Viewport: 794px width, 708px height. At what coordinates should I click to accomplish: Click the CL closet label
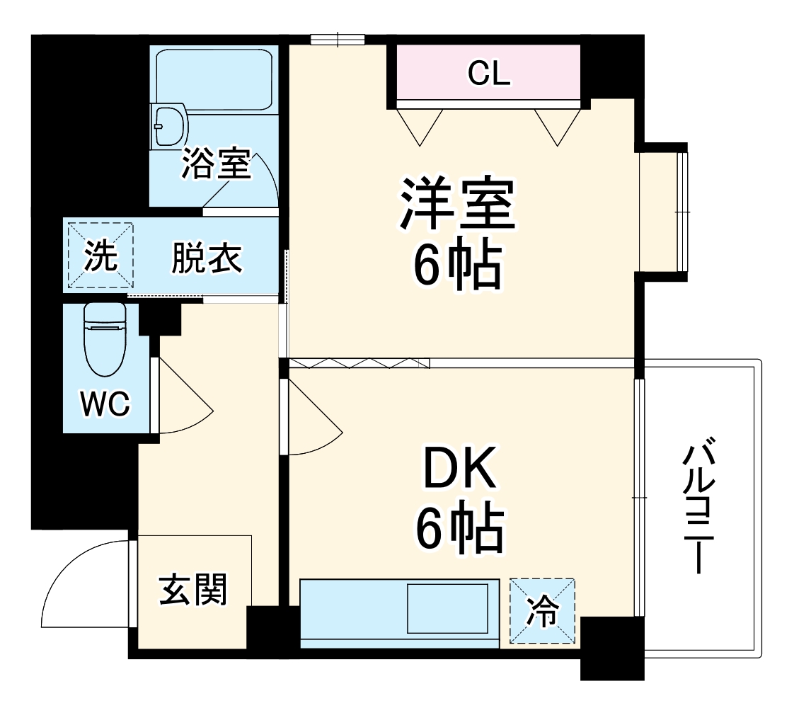point(489,74)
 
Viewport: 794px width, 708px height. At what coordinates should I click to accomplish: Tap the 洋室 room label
point(458,204)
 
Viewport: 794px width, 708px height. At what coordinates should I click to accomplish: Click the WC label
point(105,404)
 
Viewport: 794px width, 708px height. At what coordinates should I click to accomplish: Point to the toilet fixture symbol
point(104,339)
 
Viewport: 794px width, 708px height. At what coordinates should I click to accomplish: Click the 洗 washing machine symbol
point(100,256)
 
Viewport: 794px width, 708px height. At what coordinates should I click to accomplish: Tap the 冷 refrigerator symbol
point(542,611)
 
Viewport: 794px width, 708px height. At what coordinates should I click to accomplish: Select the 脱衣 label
point(207,258)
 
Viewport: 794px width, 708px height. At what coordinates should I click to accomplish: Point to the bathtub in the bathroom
point(214,78)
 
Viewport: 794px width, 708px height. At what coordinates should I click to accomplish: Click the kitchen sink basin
point(447,608)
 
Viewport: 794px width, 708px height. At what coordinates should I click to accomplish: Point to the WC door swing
point(183,396)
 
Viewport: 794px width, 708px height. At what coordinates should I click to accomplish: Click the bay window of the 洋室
point(664,212)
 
